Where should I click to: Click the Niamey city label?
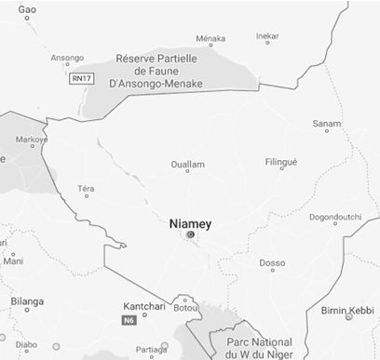click(191, 223)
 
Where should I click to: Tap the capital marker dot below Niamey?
click(190, 235)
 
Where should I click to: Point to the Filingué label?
click(281, 163)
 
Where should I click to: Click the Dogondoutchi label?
click(334, 218)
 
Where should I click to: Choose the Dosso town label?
click(272, 262)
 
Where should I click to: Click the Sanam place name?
click(327, 124)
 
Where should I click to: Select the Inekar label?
click(267, 36)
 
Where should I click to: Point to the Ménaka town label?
click(211, 38)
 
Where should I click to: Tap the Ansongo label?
click(67, 57)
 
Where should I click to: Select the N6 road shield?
click(129, 321)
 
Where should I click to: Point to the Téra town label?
click(87, 189)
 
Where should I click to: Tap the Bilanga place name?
click(26, 301)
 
